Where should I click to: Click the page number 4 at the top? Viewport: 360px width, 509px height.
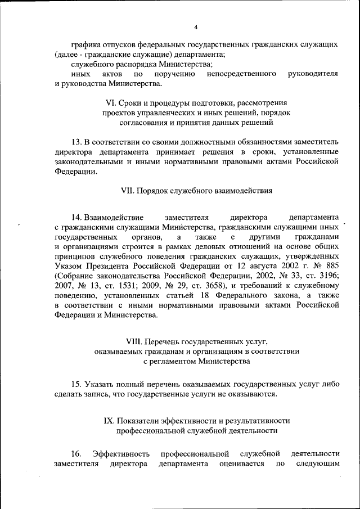(x=196, y=27)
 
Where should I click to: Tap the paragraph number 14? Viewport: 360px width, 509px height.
(x=78, y=217)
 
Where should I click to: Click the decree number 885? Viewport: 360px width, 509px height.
(x=331, y=265)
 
